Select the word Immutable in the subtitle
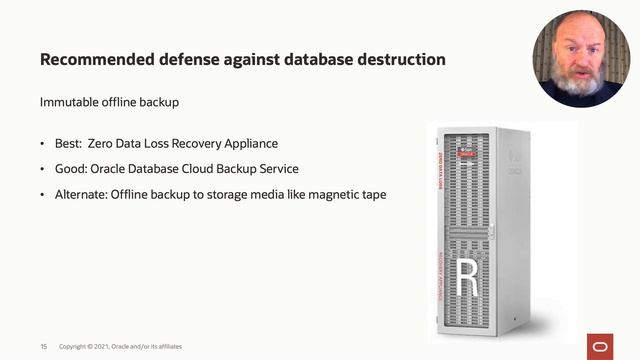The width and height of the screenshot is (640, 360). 68,102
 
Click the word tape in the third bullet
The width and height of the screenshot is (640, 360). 371,194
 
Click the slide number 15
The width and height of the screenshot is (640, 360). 44,346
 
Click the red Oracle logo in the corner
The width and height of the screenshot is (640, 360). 602,345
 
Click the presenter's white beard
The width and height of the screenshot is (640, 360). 582,82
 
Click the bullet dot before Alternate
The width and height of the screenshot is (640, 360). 43,194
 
